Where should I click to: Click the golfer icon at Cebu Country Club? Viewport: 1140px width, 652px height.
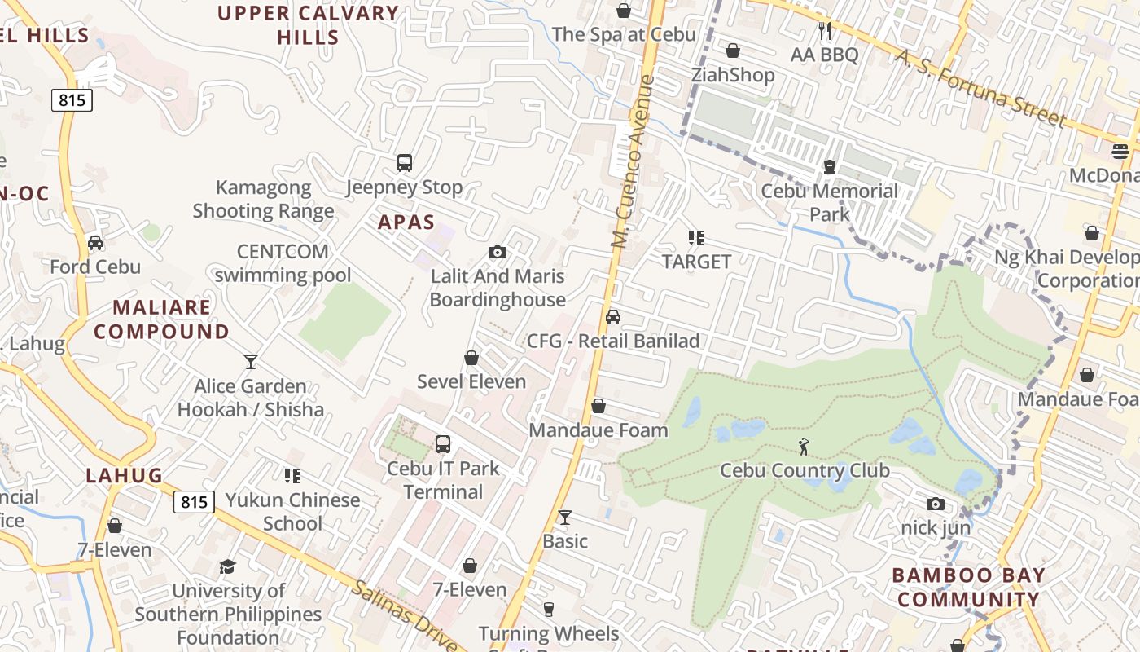(x=804, y=446)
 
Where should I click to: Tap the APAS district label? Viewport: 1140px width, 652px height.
(x=406, y=222)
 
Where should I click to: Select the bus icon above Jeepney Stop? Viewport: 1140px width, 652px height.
(x=405, y=163)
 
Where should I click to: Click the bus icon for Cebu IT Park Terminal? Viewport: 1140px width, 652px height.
(x=443, y=444)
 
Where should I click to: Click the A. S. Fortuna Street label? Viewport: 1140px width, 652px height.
(x=980, y=88)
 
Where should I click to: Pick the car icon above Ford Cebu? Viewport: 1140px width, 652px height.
(x=95, y=243)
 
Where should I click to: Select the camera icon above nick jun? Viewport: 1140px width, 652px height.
(x=936, y=504)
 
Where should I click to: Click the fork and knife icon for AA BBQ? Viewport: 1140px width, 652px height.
(x=825, y=31)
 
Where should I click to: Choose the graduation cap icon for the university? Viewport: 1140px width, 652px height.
(x=228, y=566)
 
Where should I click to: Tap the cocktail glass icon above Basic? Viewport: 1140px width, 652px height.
(x=564, y=517)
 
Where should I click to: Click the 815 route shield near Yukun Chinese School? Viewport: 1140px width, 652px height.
(x=194, y=502)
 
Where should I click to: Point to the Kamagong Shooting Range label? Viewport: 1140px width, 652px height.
(x=263, y=200)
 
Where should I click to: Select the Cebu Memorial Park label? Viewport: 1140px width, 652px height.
(x=829, y=203)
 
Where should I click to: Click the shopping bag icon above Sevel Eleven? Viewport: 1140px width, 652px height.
(x=471, y=358)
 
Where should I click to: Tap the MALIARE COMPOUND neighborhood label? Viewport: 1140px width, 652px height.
(x=161, y=319)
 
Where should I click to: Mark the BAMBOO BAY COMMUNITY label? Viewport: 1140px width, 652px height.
(x=967, y=587)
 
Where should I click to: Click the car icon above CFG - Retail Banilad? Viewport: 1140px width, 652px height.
(x=613, y=317)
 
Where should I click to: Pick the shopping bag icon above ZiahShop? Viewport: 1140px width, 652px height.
(x=733, y=51)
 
